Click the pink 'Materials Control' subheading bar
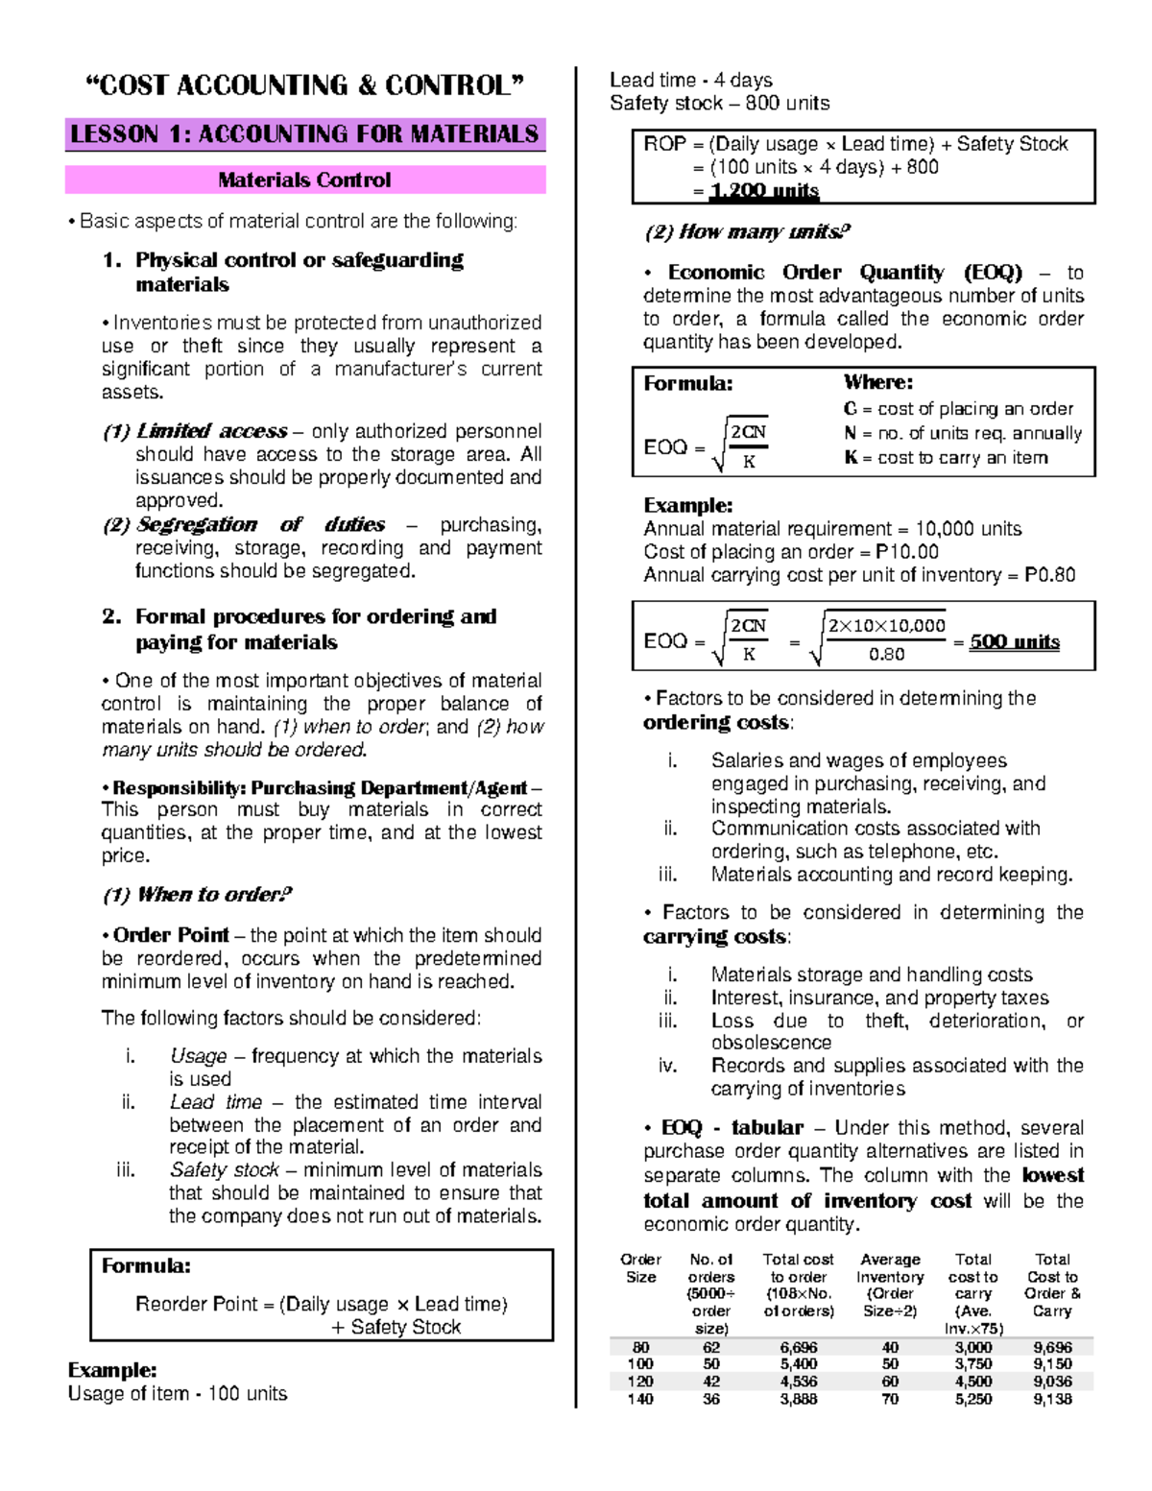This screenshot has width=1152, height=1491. [x=304, y=180]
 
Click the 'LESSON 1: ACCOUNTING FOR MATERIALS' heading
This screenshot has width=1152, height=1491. [x=304, y=134]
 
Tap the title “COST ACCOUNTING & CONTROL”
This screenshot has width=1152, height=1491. [x=305, y=85]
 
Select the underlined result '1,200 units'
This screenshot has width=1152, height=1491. [x=764, y=191]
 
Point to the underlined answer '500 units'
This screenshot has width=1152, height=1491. [x=1014, y=641]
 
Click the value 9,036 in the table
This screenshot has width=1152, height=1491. [x=1052, y=1382]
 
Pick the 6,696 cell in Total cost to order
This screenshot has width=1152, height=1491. [x=798, y=1347]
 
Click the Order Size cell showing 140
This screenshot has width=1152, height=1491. [x=640, y=1399]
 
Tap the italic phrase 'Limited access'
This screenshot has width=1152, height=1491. [x=211, y=431]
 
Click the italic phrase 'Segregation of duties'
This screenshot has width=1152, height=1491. [x=260, y=524]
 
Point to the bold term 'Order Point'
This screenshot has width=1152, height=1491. [x=171, y=935]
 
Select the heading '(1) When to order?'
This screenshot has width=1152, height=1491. [x=197, y=895]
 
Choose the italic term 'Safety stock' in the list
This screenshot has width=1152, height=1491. [x=224, y=1170]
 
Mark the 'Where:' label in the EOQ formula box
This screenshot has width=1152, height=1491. [x=877, y=382]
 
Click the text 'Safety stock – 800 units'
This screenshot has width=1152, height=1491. [x=719, y=103]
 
